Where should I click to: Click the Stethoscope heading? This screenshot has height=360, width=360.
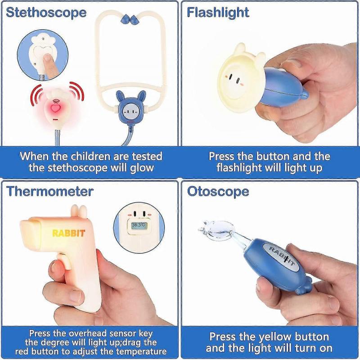46,12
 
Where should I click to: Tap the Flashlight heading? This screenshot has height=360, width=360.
218,12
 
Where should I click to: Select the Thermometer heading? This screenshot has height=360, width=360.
49,191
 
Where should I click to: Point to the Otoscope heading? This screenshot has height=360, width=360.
218,191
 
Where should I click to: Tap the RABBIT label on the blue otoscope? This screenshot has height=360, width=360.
283,258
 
